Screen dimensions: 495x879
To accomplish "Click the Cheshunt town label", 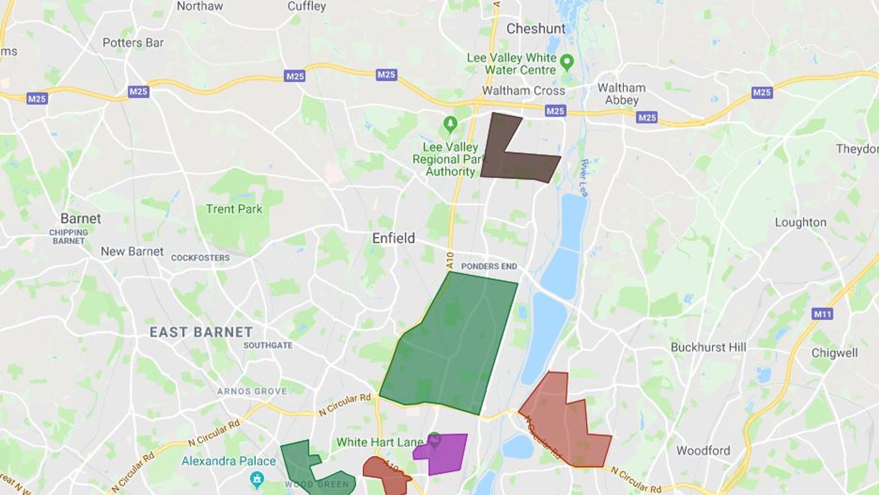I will click(536, 29).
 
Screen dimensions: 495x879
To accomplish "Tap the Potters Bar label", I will click(133, 43).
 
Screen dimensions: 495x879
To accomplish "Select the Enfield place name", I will click(393, 238).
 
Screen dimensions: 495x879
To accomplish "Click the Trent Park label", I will click(234, 209).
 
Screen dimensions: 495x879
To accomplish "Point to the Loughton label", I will click(800, 222).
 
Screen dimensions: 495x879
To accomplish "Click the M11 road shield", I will click(822, 314).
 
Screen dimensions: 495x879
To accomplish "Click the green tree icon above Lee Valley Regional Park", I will click(450, 125).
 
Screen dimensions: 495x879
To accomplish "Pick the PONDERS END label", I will click(489, 266).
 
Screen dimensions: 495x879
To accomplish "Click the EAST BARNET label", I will click(201, 332).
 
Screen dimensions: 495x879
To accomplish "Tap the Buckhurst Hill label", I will click(708, 347).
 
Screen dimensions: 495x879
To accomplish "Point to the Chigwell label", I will click(834, 353).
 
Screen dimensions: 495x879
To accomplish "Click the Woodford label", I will click(703, 450).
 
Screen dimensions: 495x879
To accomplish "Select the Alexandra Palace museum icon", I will click(257, 478).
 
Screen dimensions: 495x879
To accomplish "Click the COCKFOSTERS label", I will click(200, 258).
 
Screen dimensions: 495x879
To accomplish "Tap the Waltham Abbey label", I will click(621, 94).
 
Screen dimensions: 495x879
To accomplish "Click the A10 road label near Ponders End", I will click(450, 260).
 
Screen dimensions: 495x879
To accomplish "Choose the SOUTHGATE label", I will click(268, 345).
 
